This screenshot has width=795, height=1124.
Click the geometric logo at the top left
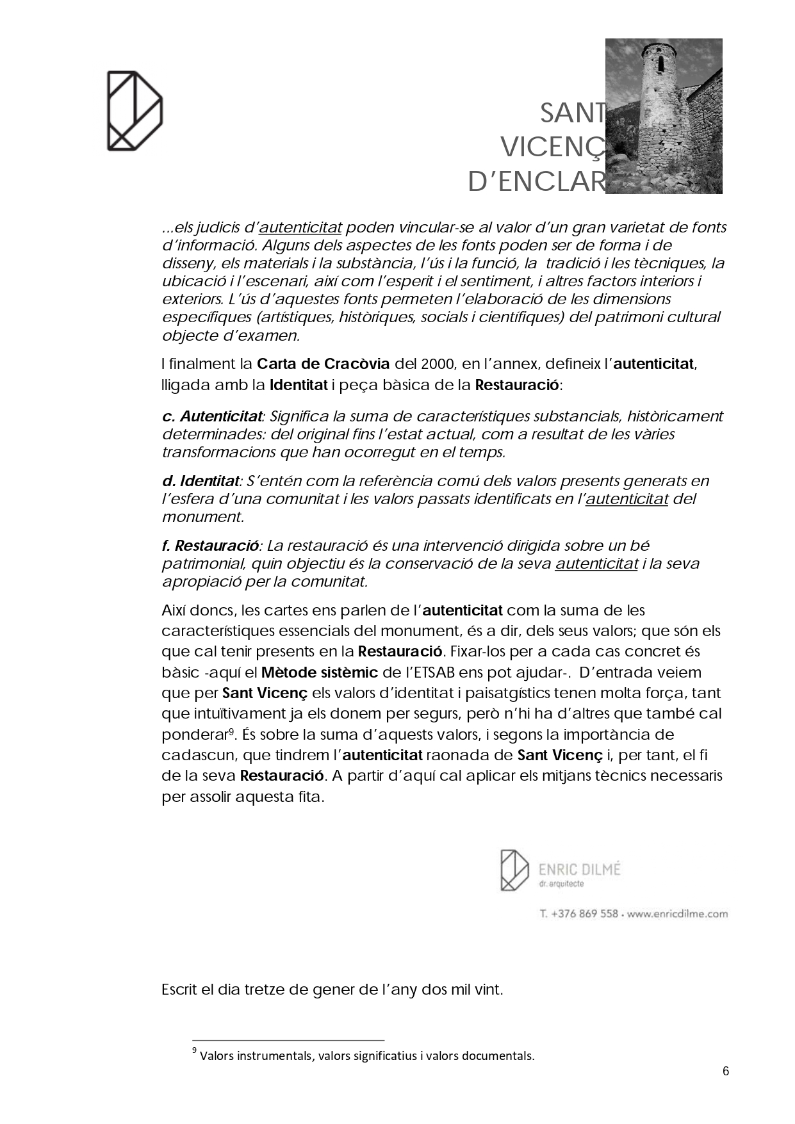pos(135,111)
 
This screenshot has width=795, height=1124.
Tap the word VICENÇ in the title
pos(552,148)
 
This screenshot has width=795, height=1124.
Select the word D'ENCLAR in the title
pos(536,182)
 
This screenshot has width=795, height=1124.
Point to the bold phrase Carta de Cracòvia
pos(323,364)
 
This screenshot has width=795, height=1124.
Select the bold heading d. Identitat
pos(200,481)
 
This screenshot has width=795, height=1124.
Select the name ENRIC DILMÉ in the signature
pos(580,869)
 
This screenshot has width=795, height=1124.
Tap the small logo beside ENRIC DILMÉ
pos(514,870)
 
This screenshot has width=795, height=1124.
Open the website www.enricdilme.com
pos(677,914)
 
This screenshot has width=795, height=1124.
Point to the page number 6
pos(726,1071)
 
